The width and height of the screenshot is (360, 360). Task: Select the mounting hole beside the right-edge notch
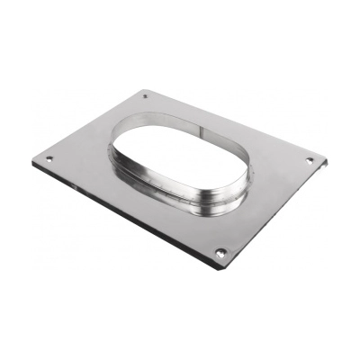point(309,160)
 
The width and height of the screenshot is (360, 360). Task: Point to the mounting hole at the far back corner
point(146,94)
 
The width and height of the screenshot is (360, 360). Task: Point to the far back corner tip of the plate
point(144,88)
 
